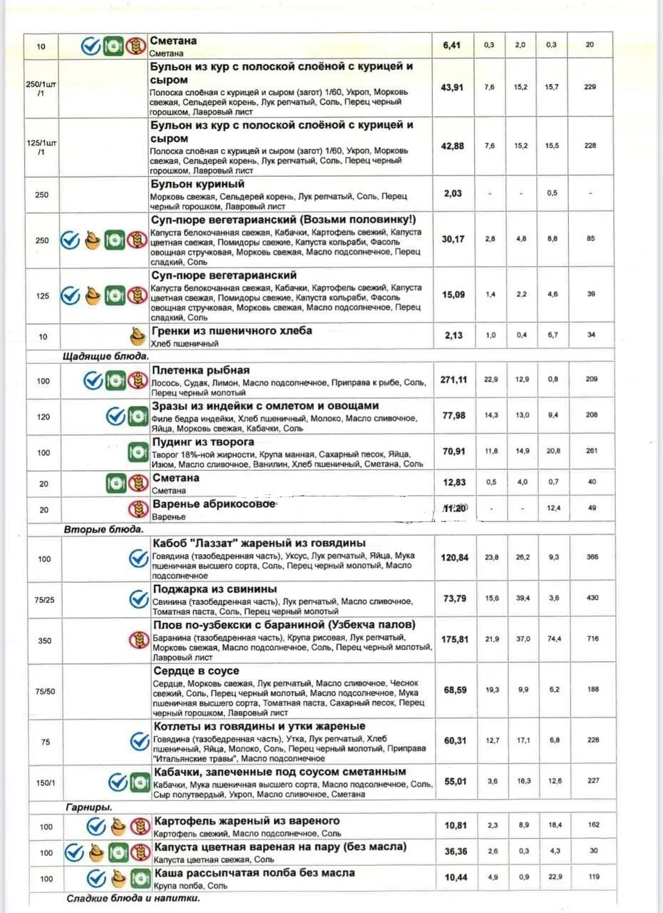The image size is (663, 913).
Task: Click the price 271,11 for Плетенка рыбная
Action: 453,379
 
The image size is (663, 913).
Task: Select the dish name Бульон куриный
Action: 197,184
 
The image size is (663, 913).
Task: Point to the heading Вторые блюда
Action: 103,530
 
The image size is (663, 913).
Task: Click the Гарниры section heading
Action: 89,807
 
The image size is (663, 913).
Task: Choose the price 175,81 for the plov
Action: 455,639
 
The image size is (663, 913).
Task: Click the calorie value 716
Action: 592,639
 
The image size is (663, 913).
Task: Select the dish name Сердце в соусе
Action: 196,671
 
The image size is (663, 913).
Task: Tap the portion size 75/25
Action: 43,599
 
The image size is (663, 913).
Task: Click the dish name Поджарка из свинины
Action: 215,588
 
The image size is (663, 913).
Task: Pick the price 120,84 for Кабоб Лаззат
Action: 455,557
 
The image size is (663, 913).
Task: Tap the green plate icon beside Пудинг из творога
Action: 138,452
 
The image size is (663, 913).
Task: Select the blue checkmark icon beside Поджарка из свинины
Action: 138,599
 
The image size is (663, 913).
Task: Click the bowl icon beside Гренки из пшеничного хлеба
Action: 138,337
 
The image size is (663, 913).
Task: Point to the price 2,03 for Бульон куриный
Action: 453,193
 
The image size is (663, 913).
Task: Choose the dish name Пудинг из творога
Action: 203,442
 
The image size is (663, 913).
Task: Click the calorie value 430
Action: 592,598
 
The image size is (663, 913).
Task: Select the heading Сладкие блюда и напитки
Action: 133,898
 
